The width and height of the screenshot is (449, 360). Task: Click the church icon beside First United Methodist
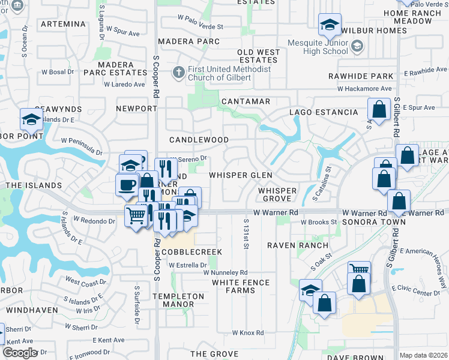pos(178,73)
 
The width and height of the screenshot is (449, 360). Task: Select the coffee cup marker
pos(127,184)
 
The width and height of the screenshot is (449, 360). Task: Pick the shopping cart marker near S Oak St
pos(359,272)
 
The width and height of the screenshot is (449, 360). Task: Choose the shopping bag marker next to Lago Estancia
pos(379,110)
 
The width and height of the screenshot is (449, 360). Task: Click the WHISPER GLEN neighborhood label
pos(240,175)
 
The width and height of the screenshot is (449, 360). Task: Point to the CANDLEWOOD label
pos(199,140)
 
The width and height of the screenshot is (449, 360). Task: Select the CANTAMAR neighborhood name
pos(246,101)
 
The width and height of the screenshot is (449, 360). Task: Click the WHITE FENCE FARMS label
pos(240,286)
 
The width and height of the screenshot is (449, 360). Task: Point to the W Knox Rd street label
pos(248,332)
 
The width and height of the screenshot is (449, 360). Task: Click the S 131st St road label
pos(246,234)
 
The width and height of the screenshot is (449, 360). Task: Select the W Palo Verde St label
pos(200,26)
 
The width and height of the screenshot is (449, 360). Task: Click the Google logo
pos(20,353)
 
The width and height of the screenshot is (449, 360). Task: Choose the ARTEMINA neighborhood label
pos(62,24)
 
